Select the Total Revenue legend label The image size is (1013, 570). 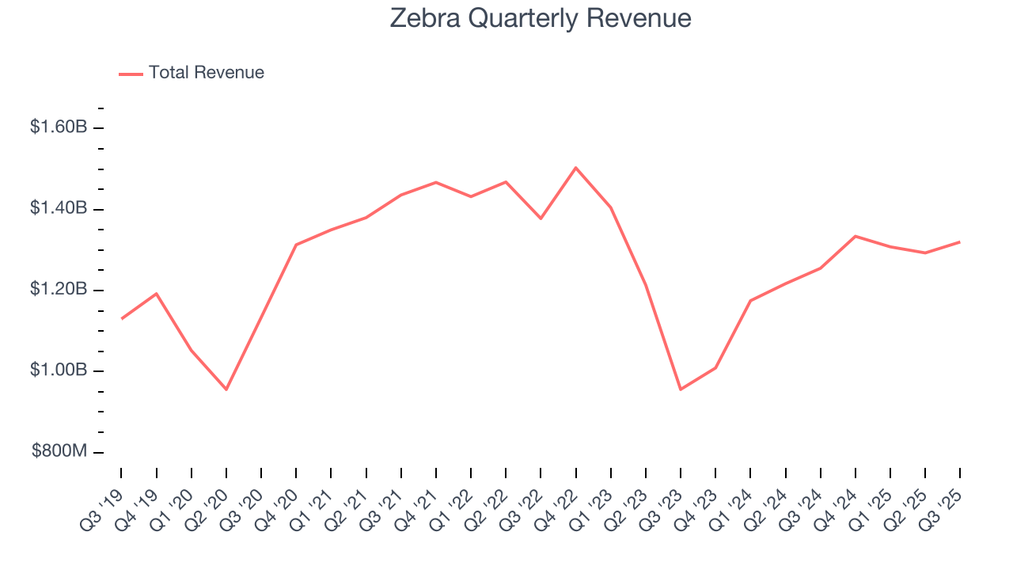tap(206, 73)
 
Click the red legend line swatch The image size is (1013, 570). tap(131, 74)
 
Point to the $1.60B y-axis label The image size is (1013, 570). tap(58, 127)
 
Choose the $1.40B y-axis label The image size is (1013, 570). tap(58, 208)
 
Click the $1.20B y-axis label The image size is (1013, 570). tap(58, 290)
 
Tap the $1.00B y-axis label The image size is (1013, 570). tap(58, 370)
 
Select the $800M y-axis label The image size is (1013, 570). tap(59, 452)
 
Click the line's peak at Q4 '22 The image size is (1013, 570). tap(575, 168)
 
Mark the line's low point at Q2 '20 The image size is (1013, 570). tap(226, 389)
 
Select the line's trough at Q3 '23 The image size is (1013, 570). tap(681, 389)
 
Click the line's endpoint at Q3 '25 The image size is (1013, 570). tap(960, 241)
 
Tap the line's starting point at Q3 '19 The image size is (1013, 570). tap(121, 318)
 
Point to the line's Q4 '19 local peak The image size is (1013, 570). tap(156, 294)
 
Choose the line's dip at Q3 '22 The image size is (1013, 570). tap(541, 218)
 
